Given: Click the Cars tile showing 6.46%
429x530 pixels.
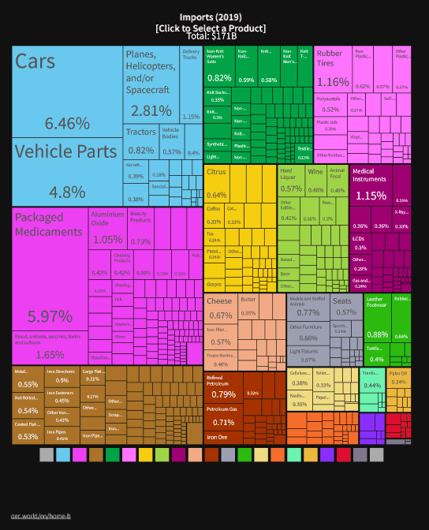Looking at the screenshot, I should pos(67,91).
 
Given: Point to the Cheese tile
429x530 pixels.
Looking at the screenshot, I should pos(220,308).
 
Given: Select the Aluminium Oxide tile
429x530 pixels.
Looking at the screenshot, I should pos(107,229).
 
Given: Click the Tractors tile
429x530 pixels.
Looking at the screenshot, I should pos(140,142).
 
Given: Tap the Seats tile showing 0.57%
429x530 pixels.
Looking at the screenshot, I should pos(345,307).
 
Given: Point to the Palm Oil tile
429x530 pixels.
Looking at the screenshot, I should pos(399,379).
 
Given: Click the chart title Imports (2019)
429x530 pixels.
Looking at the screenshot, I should pos(210,17).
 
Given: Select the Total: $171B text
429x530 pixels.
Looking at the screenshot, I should pos(210,36).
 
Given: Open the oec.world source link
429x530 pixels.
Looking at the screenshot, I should pos(40,515).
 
